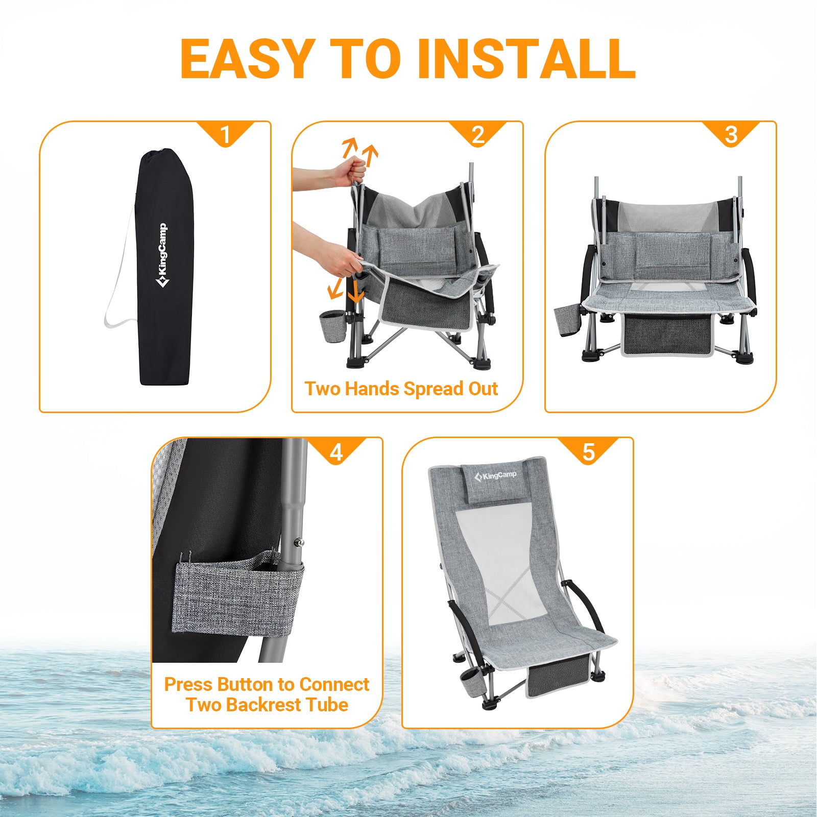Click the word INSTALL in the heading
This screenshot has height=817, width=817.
coord(526,59)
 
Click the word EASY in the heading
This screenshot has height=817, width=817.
coord(247,59)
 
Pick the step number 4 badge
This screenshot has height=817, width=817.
coord(336,451)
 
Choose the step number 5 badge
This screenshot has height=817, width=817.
coord(589,451)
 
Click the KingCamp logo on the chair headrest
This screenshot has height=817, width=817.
coord(496,476)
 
